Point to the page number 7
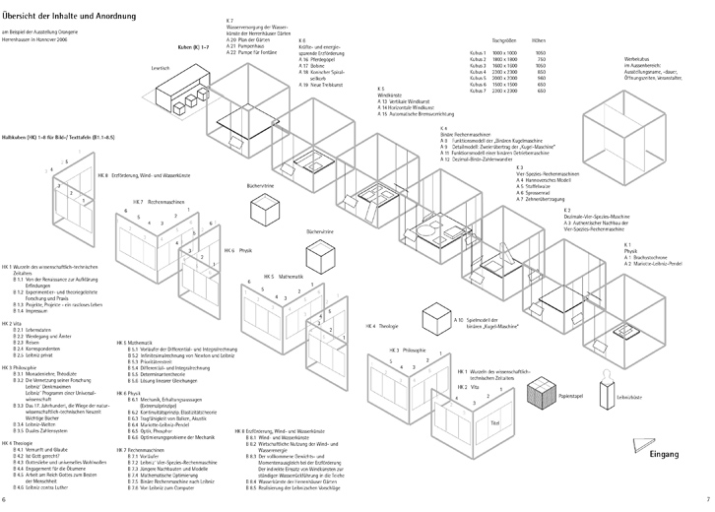pyautogui.click(x=706, y=499)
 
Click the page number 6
pyautogui.click(x=7, y=499)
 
